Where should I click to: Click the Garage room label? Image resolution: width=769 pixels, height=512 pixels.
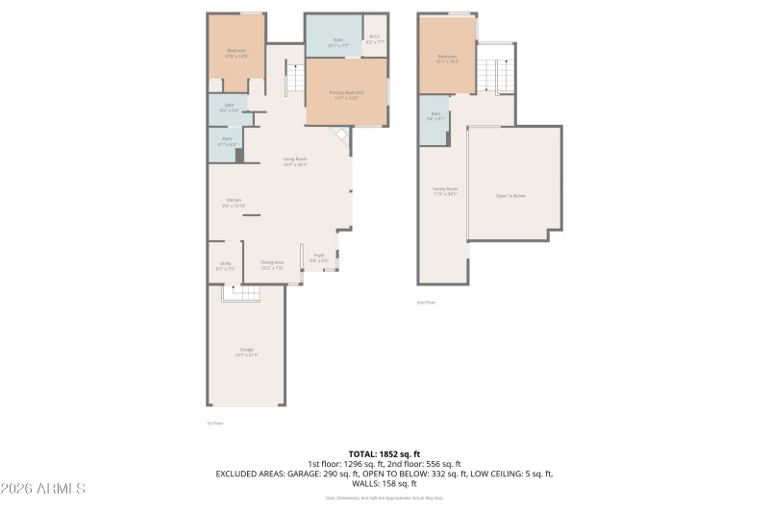(246, 352)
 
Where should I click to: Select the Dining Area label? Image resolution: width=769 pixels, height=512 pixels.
(272, 264)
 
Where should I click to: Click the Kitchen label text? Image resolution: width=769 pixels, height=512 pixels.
(235, 203)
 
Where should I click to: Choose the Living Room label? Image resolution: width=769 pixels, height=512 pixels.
(295, 161)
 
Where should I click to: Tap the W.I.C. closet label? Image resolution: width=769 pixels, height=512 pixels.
(375, 41)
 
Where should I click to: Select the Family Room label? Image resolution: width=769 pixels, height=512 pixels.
(445, 191)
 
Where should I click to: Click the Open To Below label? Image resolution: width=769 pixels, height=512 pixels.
(510, 195)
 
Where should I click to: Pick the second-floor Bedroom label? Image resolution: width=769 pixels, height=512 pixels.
(447, 59)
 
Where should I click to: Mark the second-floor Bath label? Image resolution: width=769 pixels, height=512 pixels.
(435, 117)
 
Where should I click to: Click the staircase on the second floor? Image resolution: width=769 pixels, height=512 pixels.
(496, 74)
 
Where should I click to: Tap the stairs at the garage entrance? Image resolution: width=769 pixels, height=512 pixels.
(240, 293)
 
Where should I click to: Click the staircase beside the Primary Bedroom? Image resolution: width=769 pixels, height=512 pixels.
(295, 77)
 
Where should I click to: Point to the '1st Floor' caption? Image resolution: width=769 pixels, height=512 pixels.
(214, 423)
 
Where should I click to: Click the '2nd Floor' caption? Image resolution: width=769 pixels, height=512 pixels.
(426, 302)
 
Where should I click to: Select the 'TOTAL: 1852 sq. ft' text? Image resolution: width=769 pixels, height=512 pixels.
(384, 453)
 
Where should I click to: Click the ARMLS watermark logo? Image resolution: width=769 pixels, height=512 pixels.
(43, 489)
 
